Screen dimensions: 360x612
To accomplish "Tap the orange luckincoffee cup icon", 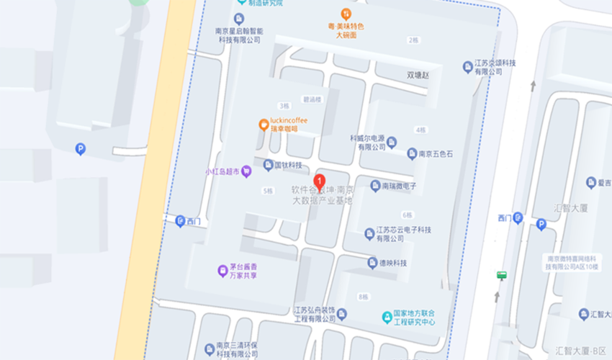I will pos(264,125).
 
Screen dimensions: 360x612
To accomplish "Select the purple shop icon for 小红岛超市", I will pos(246,171).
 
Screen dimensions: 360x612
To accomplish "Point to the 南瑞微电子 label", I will pos(399,186).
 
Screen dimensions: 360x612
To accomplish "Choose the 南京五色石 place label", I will pos(435,154).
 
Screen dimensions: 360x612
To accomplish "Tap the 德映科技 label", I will pos(393,264).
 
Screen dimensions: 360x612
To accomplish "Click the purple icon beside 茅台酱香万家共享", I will pos(222,271).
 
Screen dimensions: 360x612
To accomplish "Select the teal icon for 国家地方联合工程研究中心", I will pos(387,317).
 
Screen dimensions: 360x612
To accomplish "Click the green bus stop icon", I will pos(501,274).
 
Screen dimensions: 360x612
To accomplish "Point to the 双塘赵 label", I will pos(417,75).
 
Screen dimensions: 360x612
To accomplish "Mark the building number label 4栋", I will pos(420,130).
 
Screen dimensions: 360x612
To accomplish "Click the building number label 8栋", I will pos(363,297).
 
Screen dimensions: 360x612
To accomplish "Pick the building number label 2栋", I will pos(413,40).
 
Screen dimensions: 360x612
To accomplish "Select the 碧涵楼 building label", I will pos(312,99).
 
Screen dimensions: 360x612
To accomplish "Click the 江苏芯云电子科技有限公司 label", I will pos(403,234).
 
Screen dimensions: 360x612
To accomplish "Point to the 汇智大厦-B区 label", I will pos(581,351).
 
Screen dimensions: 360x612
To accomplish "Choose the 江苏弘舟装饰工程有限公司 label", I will pos(315,314).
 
